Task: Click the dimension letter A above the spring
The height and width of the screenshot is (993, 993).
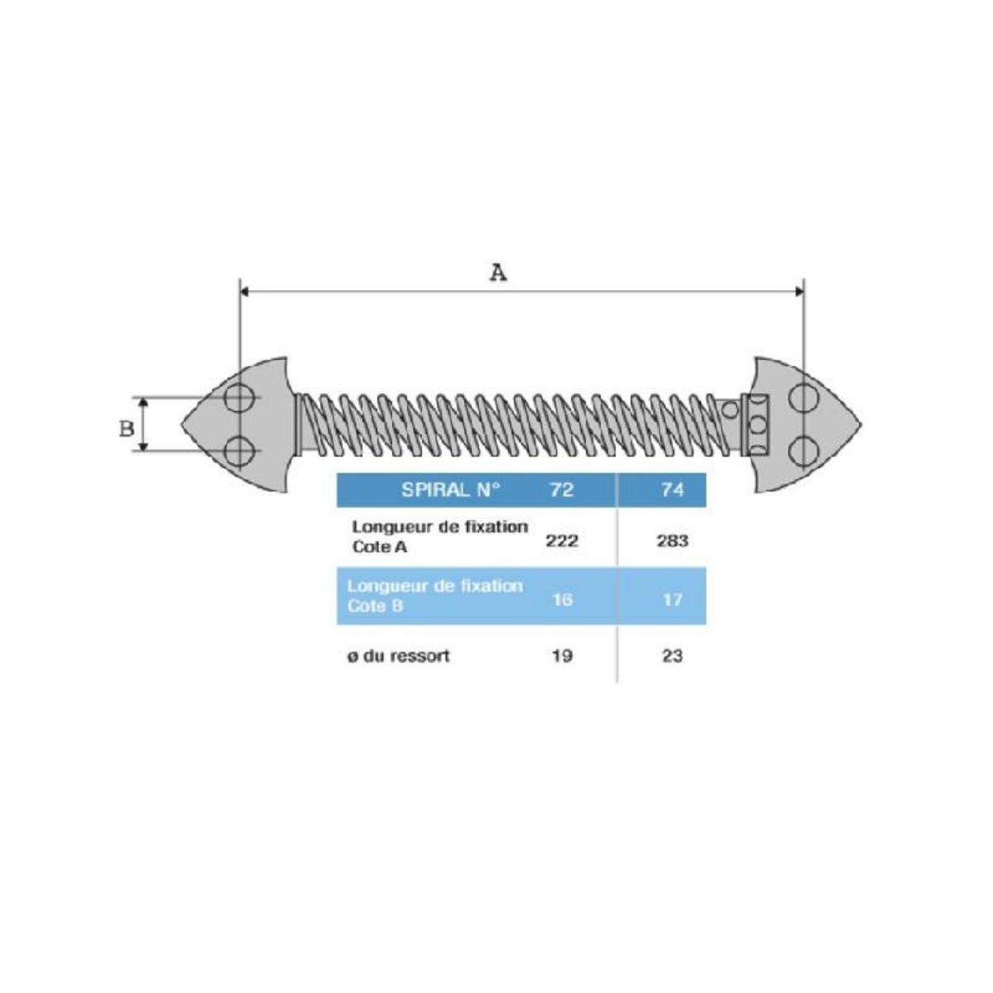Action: [x=497, y=272]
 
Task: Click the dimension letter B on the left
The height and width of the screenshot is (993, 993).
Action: [x=127, y=429]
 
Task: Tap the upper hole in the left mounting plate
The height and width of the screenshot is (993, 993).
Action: [x=240, y=398]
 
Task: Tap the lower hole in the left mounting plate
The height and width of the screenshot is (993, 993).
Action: [x=240, y=451]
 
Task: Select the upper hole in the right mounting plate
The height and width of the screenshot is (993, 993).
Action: [x=802, y=398]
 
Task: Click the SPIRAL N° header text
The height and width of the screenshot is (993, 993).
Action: [x=450, y=490]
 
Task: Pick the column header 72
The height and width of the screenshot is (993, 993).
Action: [x=561, y=490]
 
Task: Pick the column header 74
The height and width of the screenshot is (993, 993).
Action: [x=673, y=490]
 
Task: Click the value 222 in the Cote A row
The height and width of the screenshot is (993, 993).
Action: [x=561, y=541]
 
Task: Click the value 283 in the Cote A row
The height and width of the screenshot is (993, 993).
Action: [x=672, y=541]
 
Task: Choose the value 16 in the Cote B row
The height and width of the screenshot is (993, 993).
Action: [x=562, y=599]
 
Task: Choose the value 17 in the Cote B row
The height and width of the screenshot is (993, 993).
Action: [x=673, y=599]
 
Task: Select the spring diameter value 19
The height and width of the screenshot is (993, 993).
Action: [x=562, y=656]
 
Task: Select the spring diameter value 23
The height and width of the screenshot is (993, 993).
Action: [x=673, y=656]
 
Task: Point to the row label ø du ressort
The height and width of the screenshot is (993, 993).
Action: [x=399, y=656]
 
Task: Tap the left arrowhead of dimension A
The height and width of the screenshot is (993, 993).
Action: [x=244, y=290]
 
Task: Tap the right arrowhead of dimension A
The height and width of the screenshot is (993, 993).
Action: [x=799, y=290]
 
